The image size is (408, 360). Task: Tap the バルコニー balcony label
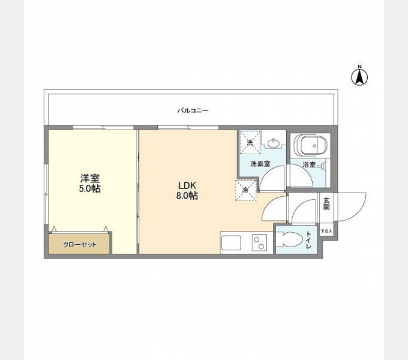pos(193,111)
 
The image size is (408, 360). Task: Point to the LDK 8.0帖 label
pos(187,190)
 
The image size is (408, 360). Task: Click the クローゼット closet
pos(80,244)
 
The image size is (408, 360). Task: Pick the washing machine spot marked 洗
pos(250,142)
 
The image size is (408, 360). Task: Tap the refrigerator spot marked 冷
pos(246,190)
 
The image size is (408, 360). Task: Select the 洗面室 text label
pos(260,163)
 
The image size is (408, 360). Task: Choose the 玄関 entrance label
pos(326,204)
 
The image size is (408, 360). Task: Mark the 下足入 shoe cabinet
pos(326,230)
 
